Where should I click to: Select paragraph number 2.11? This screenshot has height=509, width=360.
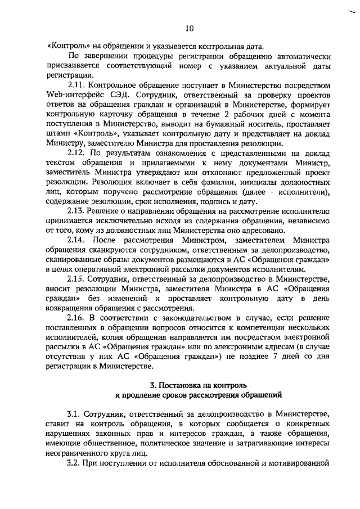[x=76, y=84]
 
